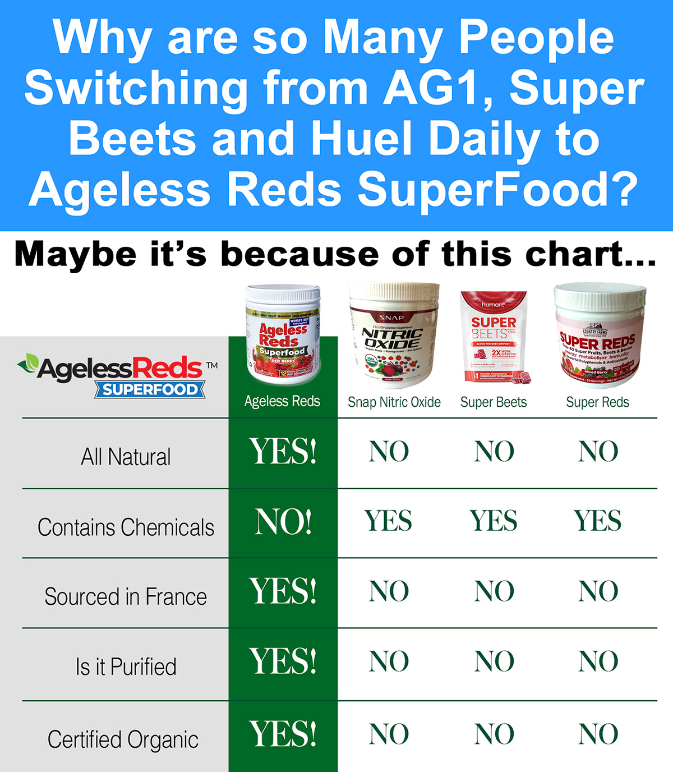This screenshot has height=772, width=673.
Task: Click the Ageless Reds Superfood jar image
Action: (283, 335)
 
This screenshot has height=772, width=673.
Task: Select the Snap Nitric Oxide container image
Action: (393, 335)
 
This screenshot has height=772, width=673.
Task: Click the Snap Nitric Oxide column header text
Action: (394, 402)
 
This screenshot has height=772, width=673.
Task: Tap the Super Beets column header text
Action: (494, 402)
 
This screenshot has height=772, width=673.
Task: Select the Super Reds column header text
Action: (597, 402)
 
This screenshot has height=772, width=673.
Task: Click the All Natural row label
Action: (126, 457)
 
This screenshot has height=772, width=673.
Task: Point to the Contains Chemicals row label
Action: (126, 527)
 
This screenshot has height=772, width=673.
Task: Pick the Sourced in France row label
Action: (126, 597)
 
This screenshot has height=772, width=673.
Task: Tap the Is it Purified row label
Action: (126, 667)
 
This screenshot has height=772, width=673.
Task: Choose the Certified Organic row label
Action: (123, 739)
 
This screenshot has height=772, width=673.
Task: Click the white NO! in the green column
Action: (283, 522)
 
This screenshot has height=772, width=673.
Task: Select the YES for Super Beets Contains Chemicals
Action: (494, 521)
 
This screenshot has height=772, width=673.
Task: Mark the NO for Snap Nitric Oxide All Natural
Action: (389, 452)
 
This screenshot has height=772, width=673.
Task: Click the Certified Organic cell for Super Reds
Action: (598, 734)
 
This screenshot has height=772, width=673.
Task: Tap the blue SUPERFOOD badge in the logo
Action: (150, 389)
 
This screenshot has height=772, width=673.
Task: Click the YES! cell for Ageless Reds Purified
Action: (283, 661)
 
